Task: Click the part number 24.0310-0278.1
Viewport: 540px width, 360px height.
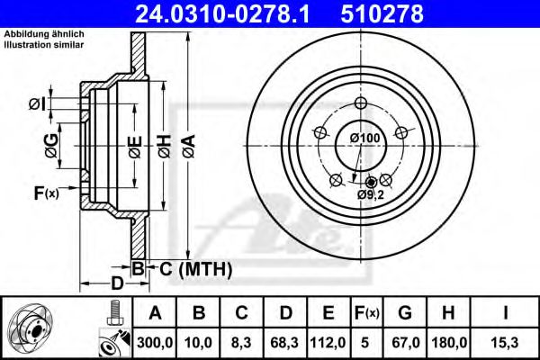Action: coord(230,13)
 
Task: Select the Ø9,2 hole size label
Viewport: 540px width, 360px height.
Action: coord(370,194)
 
